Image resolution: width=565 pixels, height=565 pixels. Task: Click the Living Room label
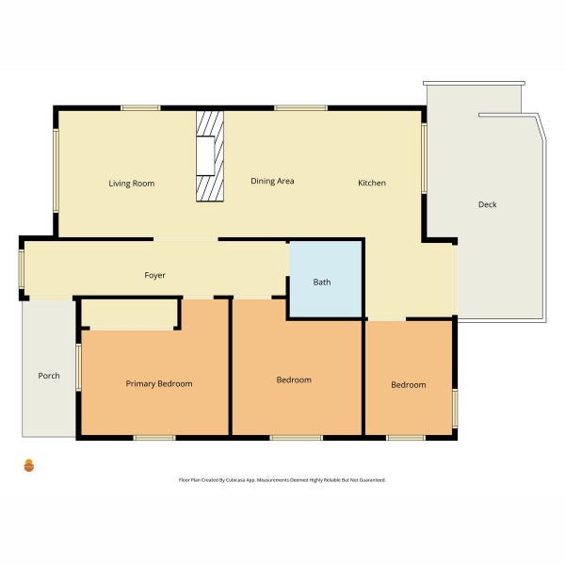(132, 184)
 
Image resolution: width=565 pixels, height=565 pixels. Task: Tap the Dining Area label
(272, 181)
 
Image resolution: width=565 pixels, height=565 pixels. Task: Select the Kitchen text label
(372, 183)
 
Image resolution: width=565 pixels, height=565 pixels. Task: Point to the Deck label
(487, 204)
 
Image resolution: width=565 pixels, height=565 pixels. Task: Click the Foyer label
(154, 275)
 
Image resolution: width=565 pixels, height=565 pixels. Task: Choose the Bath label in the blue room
(322, 282)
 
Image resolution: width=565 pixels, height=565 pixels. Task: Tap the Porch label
(49, 376)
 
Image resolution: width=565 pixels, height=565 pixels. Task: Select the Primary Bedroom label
(159, 384)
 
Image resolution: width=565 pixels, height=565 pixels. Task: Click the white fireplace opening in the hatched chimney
(205, 156)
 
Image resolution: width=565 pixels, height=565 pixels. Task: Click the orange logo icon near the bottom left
(29, 465)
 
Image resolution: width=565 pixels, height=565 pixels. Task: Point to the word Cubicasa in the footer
(235, 480)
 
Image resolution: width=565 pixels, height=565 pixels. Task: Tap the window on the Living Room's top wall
(140, 107)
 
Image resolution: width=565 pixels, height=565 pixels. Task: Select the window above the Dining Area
(301, 107)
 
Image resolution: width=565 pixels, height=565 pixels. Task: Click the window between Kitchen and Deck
(424, 158)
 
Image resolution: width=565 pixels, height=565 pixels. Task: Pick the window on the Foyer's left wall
(22, 269)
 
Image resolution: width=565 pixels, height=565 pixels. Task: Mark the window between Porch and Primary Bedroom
(78, 367)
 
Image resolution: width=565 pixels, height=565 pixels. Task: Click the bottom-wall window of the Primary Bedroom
(154, 438)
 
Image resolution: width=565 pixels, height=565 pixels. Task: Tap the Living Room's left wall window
(56, 170)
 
